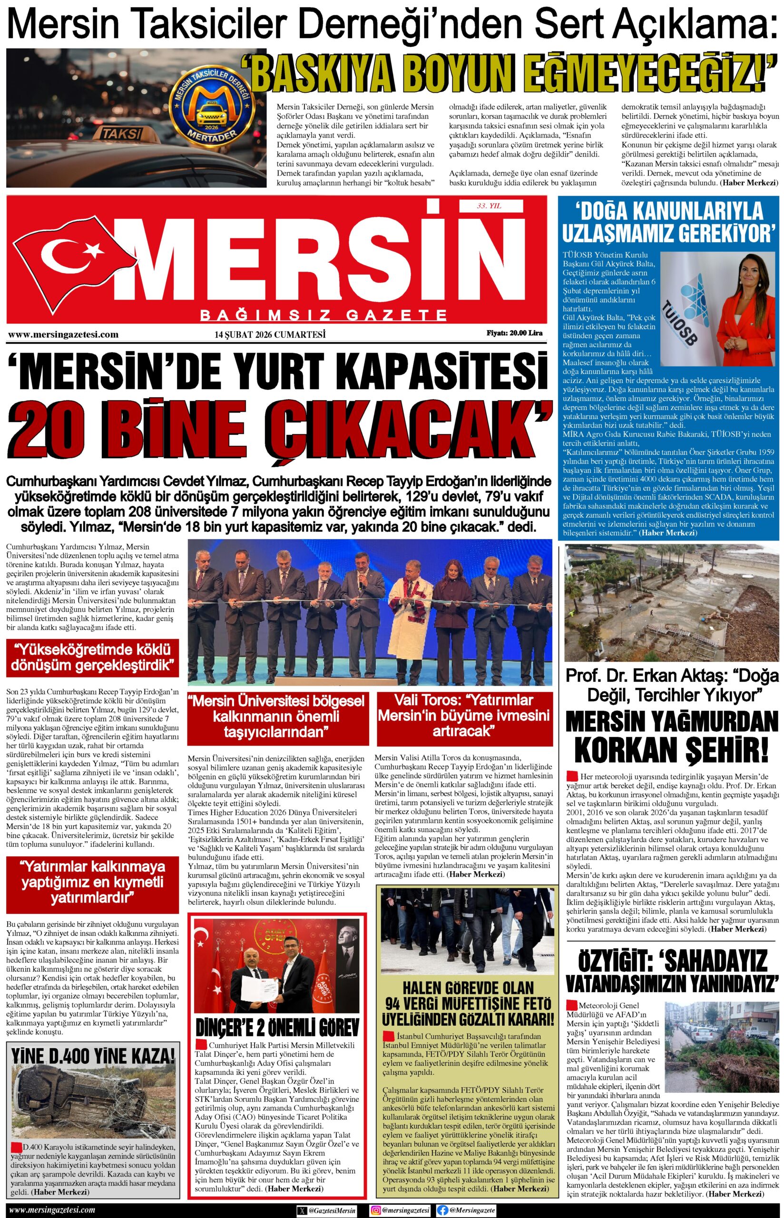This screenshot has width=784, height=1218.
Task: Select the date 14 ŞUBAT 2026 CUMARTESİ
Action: pos(270,334)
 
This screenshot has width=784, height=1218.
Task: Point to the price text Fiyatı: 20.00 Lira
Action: pos(514,334)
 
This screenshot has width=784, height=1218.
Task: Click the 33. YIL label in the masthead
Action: pos(489,206)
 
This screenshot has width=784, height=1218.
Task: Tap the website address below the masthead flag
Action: pos(64,334)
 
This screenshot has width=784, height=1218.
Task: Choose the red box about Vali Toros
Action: pos(464,718)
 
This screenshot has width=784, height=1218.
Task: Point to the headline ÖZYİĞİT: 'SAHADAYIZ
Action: pos(672,961)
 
